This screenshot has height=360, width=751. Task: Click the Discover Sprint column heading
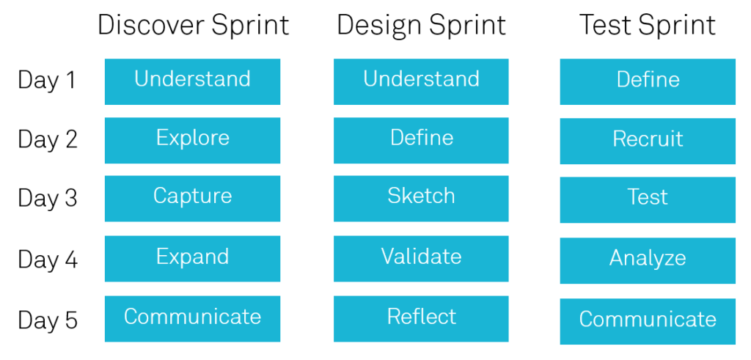tap(194, 25)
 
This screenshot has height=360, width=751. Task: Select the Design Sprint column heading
tap(422, 25)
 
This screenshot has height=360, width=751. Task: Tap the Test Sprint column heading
tap(648, 25)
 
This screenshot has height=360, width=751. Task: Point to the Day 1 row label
tap(47, 80)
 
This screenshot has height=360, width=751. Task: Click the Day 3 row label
tap(48, 198)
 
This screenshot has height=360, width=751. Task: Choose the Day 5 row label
tap(48, 320)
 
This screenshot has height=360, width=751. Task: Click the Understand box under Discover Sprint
tap(193, 81)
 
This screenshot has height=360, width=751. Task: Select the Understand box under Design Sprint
tap(421, 81)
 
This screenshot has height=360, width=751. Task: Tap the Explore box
tap(193, 140)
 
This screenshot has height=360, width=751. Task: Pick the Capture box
tap(193, 199)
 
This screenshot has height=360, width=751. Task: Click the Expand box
tap(193, 259)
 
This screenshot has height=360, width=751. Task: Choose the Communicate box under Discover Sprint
tap(193, 319)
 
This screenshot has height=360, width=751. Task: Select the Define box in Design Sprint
tap(421, 140)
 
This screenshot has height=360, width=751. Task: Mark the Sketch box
tap(421, 199)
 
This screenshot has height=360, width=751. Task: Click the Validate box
tap(421, 259)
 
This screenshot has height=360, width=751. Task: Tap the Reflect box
tap(421, 319)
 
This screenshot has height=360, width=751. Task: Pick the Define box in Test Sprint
tap(648, 81)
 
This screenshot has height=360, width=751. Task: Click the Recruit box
tap(648, 142)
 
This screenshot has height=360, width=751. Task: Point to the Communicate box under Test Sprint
tap(648, 322)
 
